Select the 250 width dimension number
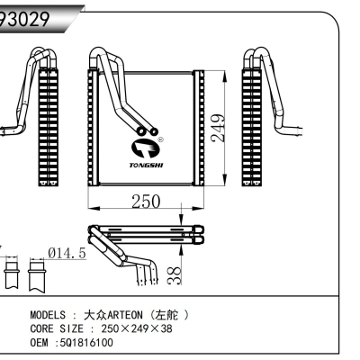(x=143, y=202)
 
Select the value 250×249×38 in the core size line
(x=136, y=330)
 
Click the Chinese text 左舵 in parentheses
(x=169, y=317)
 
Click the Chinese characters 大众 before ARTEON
(x=94, y=317)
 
